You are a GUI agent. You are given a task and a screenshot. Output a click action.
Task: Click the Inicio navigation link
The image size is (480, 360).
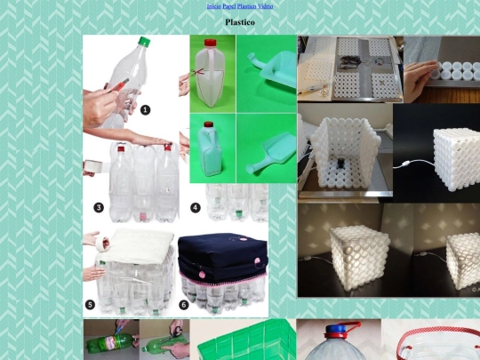tap(213, 6)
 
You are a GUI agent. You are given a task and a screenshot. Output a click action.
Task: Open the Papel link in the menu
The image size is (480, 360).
tap(229, 6)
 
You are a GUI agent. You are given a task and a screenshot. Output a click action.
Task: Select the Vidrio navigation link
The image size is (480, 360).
tap(265, 6)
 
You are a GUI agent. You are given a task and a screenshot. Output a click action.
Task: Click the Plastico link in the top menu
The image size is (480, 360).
tap(246, 6)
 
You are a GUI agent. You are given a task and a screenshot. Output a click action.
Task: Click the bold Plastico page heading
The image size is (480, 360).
tap(240, 22)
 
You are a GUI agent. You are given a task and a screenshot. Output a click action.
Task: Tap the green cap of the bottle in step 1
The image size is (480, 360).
tap(144, 42)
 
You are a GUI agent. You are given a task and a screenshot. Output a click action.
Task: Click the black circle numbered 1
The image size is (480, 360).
tap(146, 110)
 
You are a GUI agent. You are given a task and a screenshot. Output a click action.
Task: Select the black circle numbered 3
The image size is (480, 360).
tap(99, 208)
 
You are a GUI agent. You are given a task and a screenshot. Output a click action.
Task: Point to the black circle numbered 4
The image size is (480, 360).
tap(196, 208)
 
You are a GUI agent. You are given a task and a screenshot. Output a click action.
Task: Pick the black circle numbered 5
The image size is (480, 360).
tap(90, 305)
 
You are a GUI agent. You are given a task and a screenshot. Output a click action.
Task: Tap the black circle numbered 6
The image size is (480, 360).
tap(184, 305)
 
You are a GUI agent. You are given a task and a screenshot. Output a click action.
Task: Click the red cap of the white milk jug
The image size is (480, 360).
tap(211, 43)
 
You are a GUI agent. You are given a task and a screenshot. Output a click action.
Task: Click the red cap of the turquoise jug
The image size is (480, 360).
tap(209, 124)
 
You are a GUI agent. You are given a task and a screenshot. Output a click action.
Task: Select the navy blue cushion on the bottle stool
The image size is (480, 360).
tap(223, 253)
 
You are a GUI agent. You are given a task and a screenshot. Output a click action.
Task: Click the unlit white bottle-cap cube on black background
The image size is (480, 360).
tap(457, 158)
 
